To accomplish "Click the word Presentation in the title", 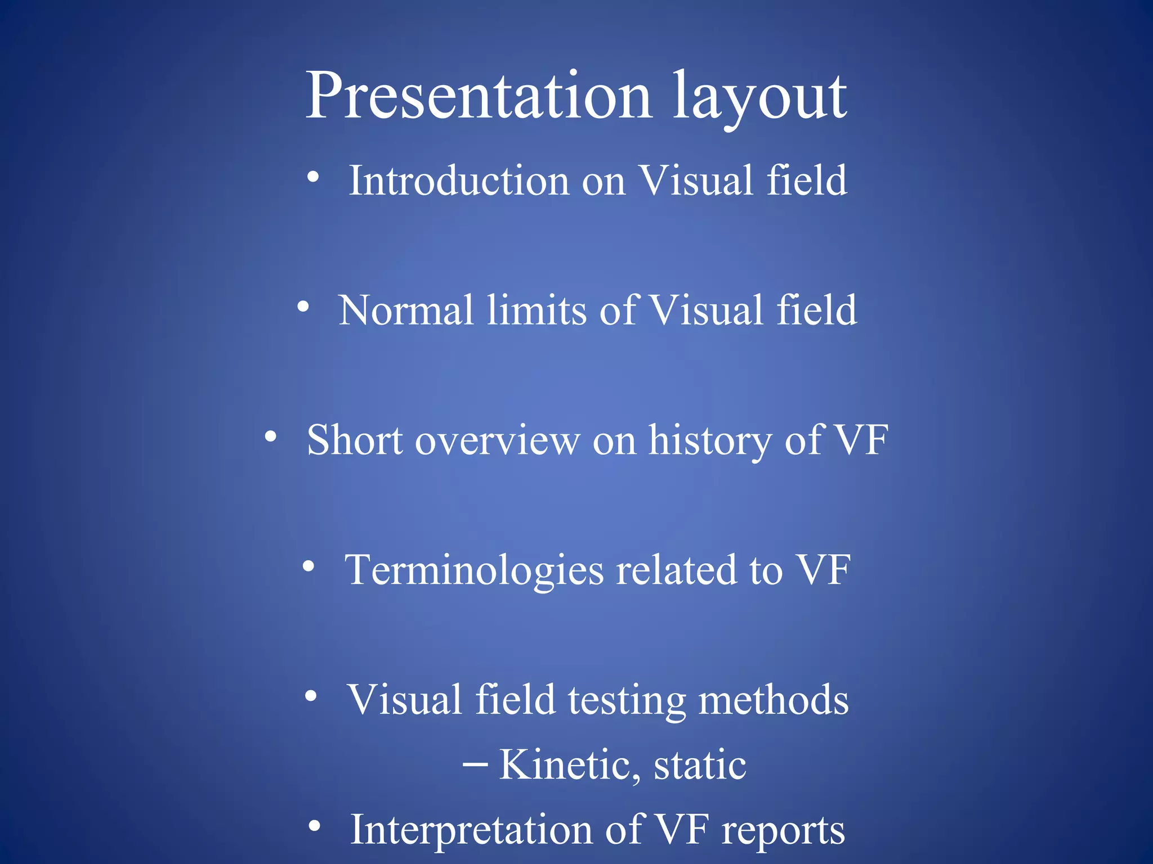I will coord(479,96).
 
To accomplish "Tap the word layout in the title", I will coord(760,98).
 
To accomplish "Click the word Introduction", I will coord(459,181).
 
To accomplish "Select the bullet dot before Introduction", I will coord(314,177).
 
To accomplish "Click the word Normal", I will coord(406,310).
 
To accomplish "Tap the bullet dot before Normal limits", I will coord(303,307).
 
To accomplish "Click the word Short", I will coord(355,440).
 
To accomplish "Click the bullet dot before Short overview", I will coord(271,436).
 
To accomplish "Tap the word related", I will coord(676,570).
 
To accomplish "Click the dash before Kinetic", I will coord(475,765).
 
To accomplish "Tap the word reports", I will coord(783,831).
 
